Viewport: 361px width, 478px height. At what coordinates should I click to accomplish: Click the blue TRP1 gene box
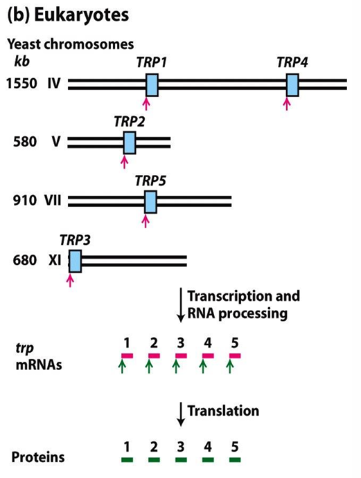coord(152,84)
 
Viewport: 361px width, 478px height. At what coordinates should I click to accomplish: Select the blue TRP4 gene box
coord(292,84)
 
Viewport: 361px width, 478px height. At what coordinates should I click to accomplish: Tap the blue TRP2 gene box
coord(130,142)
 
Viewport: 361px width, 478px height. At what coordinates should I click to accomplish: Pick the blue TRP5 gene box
coord(150,200)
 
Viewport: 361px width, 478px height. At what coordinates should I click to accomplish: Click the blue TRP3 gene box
coord(75,261)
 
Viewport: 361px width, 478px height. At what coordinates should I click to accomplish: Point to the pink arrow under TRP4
coord(287,103)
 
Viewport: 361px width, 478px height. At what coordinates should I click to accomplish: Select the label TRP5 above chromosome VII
coord(150,181)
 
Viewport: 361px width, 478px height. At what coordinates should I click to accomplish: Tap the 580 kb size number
coord(24,143)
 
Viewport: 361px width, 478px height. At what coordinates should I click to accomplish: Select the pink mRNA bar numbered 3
coord(182,355)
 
